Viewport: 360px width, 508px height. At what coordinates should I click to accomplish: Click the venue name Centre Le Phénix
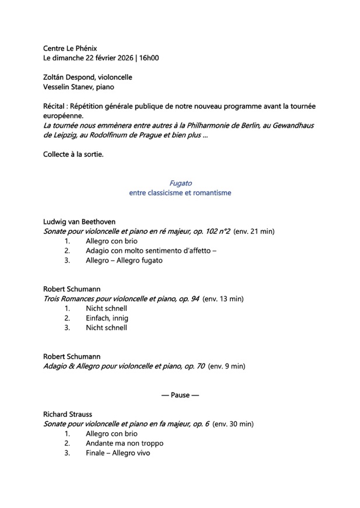coord(70,48)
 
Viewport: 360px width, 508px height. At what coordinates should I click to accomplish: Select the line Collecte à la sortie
coord(74,155)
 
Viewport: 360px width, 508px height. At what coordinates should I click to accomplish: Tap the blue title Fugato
coord(180,183)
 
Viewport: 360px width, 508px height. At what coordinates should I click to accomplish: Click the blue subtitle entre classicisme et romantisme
coord(180,193)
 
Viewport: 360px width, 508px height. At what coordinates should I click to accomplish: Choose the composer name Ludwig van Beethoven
coord(79,222)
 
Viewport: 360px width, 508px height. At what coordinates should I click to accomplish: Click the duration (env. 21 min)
coord(254,232)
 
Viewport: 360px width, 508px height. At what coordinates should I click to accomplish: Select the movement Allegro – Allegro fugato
coord(124,261)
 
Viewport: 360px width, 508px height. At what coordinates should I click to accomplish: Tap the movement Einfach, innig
coord(107,318)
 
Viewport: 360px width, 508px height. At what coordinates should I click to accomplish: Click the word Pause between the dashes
coord(180,395)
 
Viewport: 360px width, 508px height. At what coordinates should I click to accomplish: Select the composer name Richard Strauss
coord(68,415)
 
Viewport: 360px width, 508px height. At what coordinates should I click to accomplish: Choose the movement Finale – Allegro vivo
coord(118,453)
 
